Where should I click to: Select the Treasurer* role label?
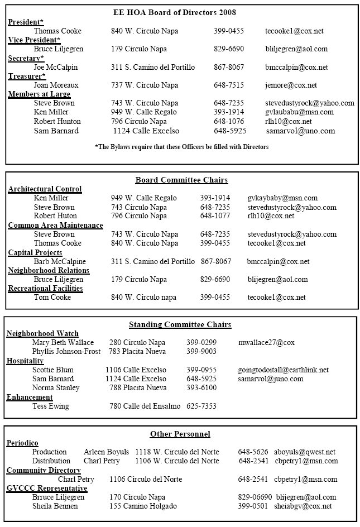click(x=27, y=76)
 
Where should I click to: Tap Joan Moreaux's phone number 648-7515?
click(x=228, y=85)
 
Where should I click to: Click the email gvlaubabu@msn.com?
click(x=299, y=112)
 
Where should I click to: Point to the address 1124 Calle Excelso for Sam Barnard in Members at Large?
click(x=146, y=131)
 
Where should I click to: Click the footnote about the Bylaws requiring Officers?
click(x=182, y=147)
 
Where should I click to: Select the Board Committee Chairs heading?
click(x=181, y=180)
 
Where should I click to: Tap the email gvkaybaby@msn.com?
click(x=282, y=198)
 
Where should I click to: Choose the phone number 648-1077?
click(x=215, y=216)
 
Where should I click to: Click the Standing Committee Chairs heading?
click(x=180, y=324)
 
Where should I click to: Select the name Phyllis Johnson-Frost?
click(x=66, y=352)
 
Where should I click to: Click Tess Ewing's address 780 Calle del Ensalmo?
click(x=145, y=406)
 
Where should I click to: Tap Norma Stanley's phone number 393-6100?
click(x=201, y=387)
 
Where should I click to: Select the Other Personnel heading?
click(x=180, y=434)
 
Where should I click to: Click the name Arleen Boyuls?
click(x=106, y=452)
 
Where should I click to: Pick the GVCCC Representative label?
click(x=47, y=488)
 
